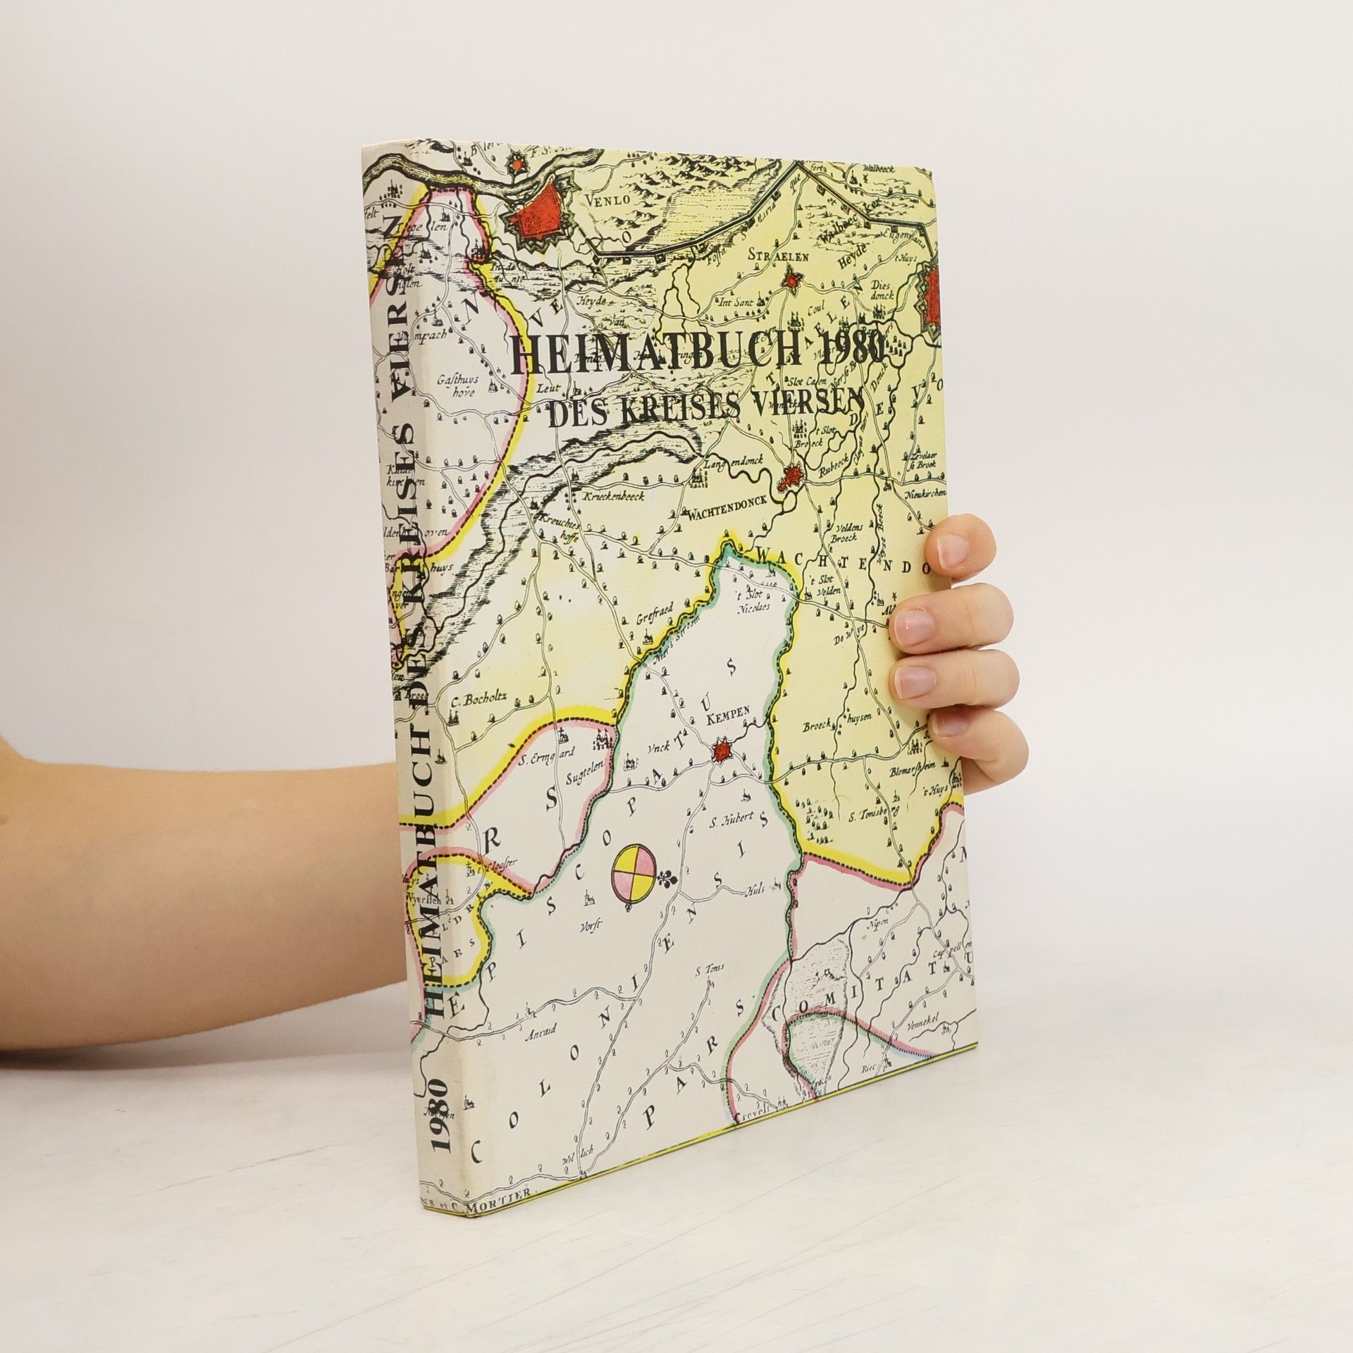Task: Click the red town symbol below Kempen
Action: click(x=722, y=753)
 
